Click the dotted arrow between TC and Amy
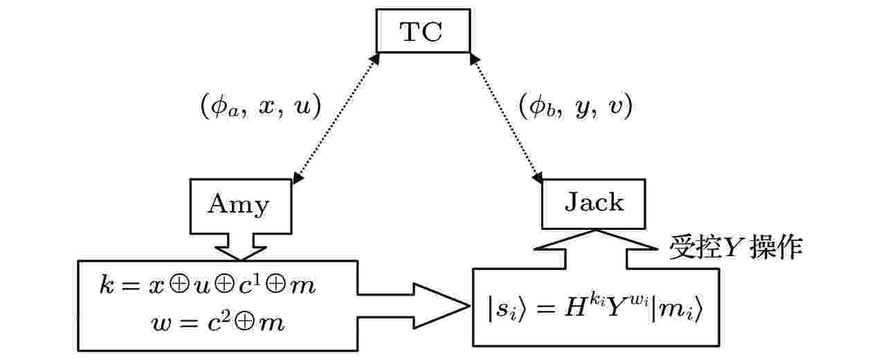click(x=336, y=118)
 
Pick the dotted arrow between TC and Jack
click(x=507, y=118)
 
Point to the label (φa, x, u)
click(x=261, y=106)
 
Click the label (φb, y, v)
click(x=576, y=106)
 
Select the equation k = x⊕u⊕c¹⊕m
click(x=208, y=285)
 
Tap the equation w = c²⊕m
click(x=218, y=323)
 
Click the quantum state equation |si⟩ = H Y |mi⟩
click(x=595, y=309)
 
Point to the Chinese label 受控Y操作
click(x=736, y=247)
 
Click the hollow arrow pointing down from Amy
click(x=241, y=247)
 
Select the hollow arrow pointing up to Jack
click(x=596, y=249)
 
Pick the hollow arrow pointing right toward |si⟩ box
click(x=413, y=306)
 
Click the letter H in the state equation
click(x=575, y=308)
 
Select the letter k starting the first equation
click(x=107, y=285)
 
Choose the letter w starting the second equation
click(x=161, y=324)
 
